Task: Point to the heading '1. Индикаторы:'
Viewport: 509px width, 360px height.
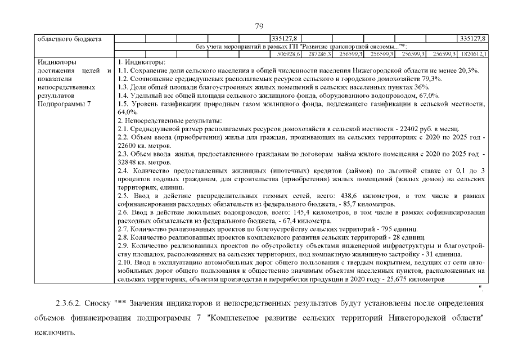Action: pyautogui.click(x=141, y=61)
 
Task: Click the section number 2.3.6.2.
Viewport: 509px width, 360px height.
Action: pyautogui.click(x=70, y=304)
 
